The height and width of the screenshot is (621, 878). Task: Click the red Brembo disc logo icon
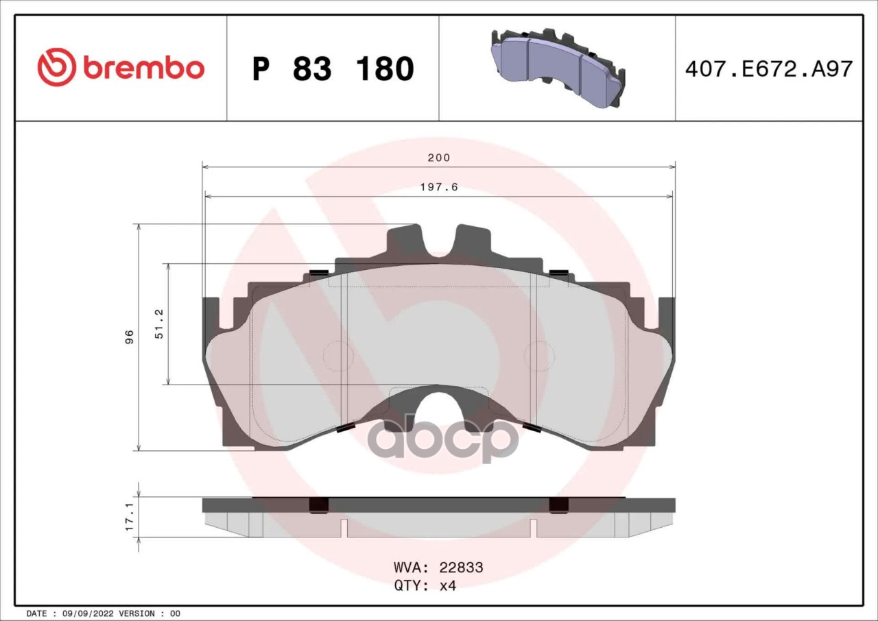(x=57, y=67)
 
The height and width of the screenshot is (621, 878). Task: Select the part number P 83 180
(x=333, y=69)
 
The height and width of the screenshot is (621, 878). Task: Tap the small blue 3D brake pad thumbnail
(x=557, y=68)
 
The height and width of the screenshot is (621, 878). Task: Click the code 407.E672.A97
(x=769, y=69)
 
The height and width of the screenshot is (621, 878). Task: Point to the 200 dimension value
(x=439, y=158)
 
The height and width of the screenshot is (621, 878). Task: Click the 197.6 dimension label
(x=439, y=187)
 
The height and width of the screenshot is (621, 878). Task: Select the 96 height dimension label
(x=130, y=337)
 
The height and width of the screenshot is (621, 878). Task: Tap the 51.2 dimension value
(x=159, y=324)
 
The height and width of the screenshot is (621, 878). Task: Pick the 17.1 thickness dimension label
(x=130, y=517)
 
